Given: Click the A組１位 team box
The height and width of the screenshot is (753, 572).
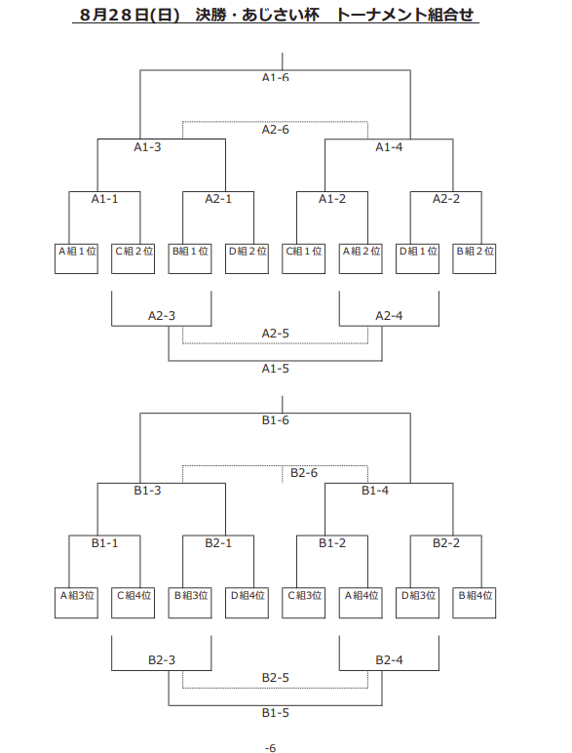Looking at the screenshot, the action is tap(76, 258).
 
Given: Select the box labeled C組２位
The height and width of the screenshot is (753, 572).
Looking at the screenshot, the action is tap(133, 258).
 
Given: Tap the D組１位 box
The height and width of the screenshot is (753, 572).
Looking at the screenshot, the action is tap(417, 258).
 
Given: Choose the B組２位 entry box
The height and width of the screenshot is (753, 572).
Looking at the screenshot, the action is tap(475, 258).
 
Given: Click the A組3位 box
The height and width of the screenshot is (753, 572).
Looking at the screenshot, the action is tap(76, 603).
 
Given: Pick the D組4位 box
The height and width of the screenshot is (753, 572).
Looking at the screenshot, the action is tap(248, 603).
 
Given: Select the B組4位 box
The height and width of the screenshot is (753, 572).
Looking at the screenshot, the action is tap(475, 603).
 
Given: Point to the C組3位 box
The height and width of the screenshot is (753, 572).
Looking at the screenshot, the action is tap(304, 603).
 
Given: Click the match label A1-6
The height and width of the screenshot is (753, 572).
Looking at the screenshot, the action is tap(276, 77).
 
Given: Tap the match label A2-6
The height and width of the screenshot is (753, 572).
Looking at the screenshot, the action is tap(276, 130).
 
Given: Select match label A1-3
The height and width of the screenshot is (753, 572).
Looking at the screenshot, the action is tap(147, 147).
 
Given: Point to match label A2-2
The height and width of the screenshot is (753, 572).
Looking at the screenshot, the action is tap(446, 199).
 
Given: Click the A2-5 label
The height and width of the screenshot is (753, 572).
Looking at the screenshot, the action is tap(276, 334).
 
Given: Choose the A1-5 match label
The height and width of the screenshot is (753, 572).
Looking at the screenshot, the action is tap(276, 369).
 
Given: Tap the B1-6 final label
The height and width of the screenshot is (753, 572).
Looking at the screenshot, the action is tap(276, 420).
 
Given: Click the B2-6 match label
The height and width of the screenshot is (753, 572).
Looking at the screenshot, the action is tap(304, 473).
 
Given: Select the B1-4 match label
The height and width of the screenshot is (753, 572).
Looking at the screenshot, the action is tap(375, 491).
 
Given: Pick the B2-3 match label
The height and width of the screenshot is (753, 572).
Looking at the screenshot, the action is tap(162, 660).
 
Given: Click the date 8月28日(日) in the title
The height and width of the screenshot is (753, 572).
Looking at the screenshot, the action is tap(130, 15).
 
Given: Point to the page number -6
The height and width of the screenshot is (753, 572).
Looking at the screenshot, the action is tap(271, 748).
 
